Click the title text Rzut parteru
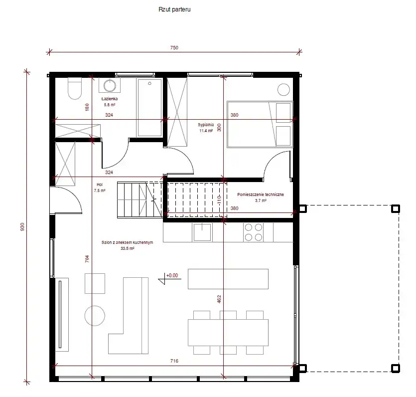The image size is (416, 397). coord(174,9)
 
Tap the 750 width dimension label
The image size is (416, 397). coord(174,48)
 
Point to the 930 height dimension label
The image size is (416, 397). coord(22,227)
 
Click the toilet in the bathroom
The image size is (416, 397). coord(75,88)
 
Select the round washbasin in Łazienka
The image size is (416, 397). coord(110,85)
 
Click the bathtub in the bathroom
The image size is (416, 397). coord(149,108)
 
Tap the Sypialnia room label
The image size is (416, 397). coord(206,125)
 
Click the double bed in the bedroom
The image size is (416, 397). coord(260,124)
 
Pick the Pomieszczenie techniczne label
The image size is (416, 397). coord(261,195)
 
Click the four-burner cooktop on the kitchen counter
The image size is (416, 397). coord(254,232)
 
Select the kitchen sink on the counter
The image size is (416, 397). coord(202,232)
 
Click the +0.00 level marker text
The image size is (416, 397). coord(172,276)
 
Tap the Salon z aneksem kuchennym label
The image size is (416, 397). coord(128,242)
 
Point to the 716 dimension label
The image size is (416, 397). coord(174,361)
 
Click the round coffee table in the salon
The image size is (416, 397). coord(95,316)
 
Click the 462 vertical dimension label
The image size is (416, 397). coord(219,299)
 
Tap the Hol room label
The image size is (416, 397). coord(100,185)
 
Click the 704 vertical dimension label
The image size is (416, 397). coord(87,259)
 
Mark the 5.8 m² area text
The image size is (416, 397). coord(110,105)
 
